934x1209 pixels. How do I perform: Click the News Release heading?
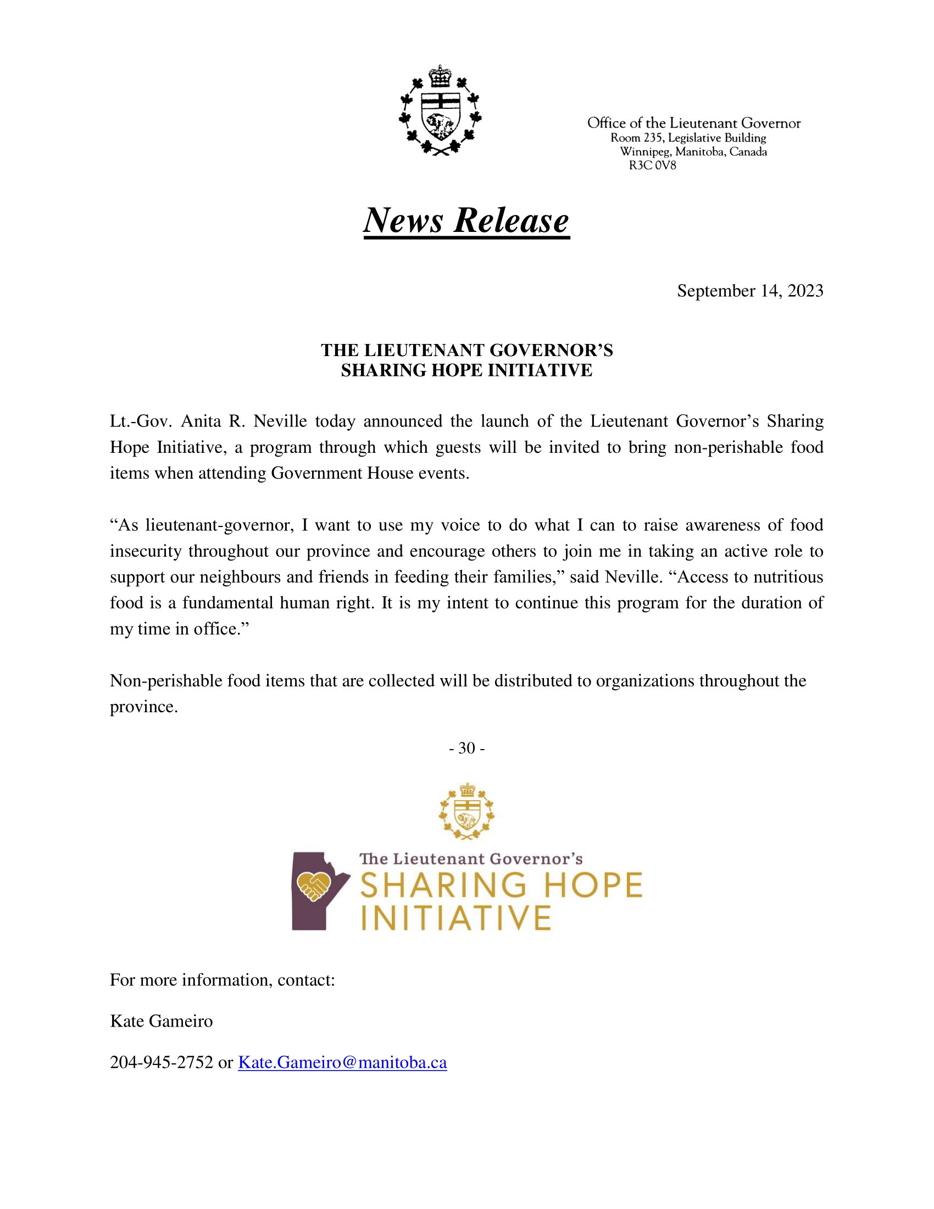pos(466,220)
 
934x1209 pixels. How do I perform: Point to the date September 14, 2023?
pos(750,291)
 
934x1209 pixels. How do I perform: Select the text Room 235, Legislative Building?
pos(688,138)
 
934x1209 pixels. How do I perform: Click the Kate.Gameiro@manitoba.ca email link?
pos(342,1062)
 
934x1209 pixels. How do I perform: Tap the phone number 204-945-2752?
pos(161,1062)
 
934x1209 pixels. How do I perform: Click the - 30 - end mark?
pos(466,748)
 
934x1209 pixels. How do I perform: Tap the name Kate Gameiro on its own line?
pos(161,1021)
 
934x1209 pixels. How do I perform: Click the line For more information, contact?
pos(223,980)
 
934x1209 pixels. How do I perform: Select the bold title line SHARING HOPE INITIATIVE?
pos(466,370)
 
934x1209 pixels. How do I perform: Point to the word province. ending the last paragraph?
pos(143,707)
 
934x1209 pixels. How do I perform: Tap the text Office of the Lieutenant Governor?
pos(694,123)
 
